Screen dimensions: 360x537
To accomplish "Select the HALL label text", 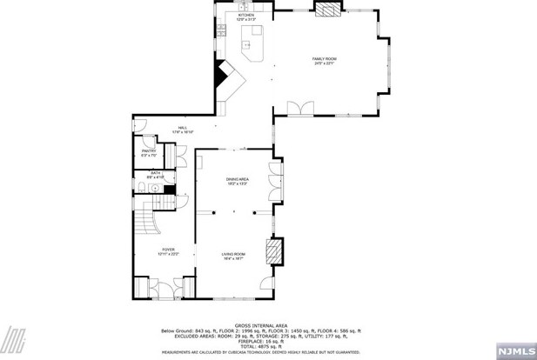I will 184,129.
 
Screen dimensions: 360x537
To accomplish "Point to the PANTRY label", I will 148,153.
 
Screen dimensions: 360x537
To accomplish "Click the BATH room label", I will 156,174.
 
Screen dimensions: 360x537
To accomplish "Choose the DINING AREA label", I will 238,181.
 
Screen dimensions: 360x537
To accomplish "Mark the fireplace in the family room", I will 328,10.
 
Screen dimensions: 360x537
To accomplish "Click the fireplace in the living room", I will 274,252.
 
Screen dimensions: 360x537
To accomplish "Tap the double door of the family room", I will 302,107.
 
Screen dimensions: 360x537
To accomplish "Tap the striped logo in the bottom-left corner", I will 17,340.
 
